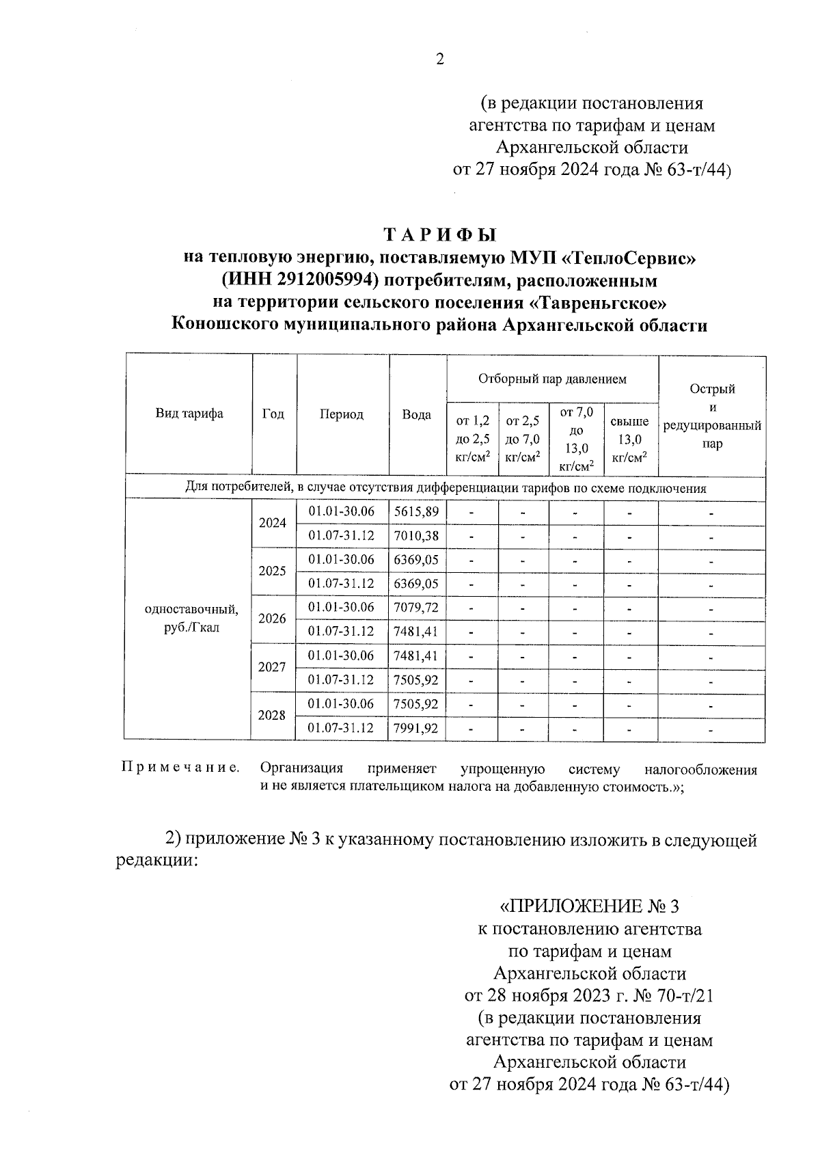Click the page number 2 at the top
click(440, 59)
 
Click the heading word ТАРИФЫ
click(439, 235)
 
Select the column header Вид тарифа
click(189, 414)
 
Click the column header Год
click(273, 414)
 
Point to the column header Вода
click(416, 414)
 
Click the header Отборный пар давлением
click(551, 378)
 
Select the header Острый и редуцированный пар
click(712, 416)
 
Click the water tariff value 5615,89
click(416, 511)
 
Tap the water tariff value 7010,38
click(416, 536)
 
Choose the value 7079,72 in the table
click(416, 607)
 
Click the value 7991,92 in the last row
click(416, 728)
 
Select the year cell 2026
click(272, 619)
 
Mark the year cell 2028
click(272, 715)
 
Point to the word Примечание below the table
click(180, 768)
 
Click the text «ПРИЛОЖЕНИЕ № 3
click(590, 906)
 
